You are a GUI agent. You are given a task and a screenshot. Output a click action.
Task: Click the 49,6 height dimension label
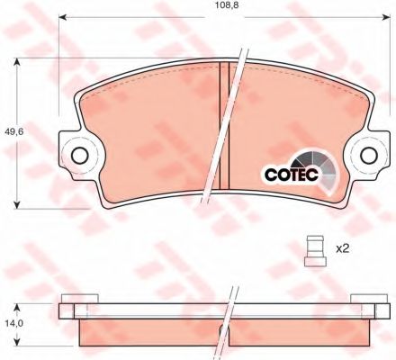click(14, 131)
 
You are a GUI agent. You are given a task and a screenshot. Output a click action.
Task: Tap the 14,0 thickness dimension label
click(13, 323)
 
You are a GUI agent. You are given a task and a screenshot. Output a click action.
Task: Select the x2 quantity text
click(342, 248)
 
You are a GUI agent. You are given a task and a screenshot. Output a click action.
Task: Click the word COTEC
click(291, 175)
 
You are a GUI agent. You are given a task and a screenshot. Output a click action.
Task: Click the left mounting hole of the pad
click(80, 156)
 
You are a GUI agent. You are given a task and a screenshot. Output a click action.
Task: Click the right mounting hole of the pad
click(369, 156)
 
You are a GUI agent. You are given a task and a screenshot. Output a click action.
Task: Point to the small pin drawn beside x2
click(315, 251)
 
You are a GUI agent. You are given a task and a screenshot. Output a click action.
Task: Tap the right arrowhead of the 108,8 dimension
click(386, 17)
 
